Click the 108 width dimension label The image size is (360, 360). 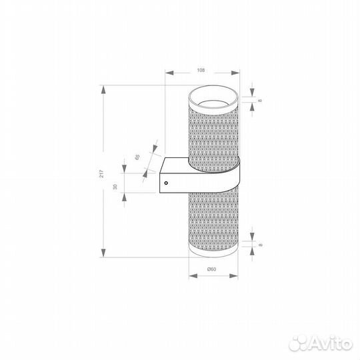(201, 69)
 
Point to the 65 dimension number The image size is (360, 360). (137, 157)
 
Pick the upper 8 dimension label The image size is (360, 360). (261, 100)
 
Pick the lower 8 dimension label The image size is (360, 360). (261, 245)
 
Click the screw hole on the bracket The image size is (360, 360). (166, 179)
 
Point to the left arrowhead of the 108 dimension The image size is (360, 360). (168, 74)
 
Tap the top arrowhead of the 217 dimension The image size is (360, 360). (104, 89)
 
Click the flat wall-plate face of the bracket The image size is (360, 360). (163, 175)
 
